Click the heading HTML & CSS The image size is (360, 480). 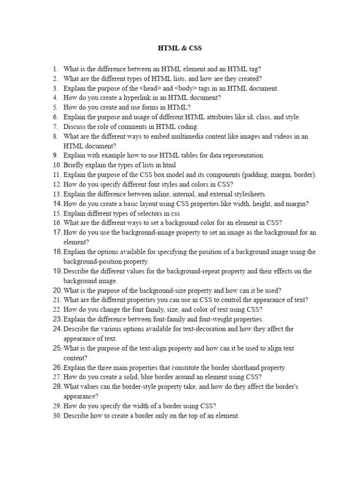180,48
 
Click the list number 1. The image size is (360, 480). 55,68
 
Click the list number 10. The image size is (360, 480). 57,165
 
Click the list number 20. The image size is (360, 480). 57,291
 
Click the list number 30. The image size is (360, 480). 57,416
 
